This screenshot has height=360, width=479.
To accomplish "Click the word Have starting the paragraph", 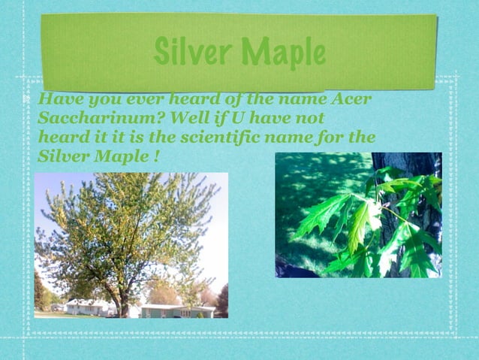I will click(x=59, y=99).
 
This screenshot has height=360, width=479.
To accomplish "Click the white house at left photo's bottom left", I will click(x=84, y=307).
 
